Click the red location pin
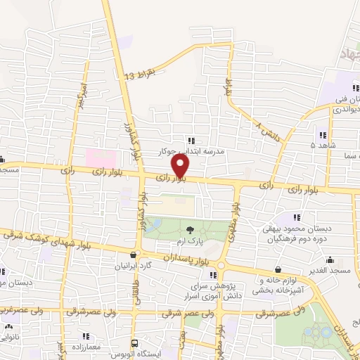181,166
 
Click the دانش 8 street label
268,130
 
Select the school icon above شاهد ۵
323,135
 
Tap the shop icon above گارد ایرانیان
134,255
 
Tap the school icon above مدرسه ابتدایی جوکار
191,141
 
